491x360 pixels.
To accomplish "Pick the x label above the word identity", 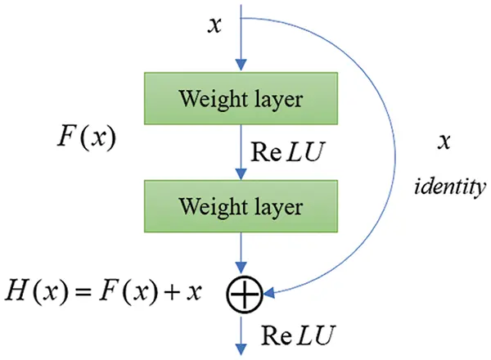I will (445, 141).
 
